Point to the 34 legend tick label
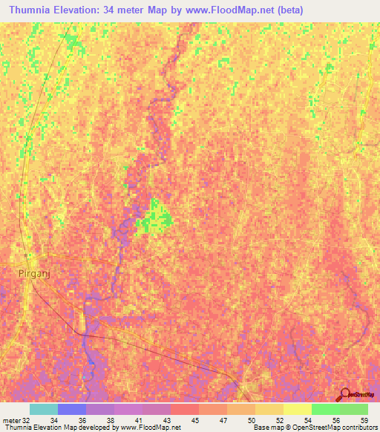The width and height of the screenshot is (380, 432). tap(53, 419)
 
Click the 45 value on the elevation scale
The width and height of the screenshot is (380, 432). tap(194, 419)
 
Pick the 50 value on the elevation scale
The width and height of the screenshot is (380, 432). tap(251, 419)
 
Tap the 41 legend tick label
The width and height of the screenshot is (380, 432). tap(138, 419)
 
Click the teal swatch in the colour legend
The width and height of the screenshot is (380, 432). tap(44, 409)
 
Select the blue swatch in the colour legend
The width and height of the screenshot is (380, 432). tap(72, 409)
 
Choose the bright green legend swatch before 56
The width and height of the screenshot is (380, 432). tap(325, 409)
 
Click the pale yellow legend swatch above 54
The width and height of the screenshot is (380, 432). tap(297, 409)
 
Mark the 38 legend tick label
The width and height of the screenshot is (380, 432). tap(110, 419)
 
